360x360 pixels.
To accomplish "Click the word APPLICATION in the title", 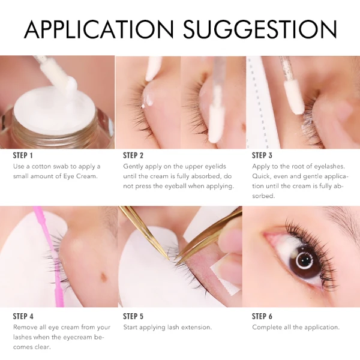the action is click(x=99, y=29).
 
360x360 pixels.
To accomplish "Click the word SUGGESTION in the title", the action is click(x=260, y=29).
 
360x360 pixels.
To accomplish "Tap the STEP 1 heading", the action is click(x=23, y=155).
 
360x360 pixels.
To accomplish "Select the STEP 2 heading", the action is click(x=133, y=155).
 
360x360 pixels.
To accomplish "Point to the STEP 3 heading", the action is click(x=262, y=155).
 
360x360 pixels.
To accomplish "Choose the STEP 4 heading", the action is click(x=23, y=316).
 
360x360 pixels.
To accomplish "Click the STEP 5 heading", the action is click(x=133, y=316).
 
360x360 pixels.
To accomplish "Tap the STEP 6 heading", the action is click(x=262, y=316).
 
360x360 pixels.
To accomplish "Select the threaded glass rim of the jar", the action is click(x=58, y=136).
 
